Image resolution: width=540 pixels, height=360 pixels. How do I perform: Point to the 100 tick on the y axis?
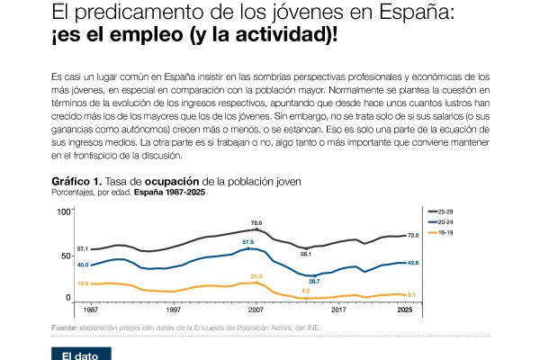(x=63, y=211)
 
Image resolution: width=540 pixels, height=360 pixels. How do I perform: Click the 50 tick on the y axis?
(x=66, y=256)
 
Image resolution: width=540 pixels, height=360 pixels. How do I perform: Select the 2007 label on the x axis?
(x=256, y=309)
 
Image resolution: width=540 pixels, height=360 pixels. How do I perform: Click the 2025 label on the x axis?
(x=406, y=309)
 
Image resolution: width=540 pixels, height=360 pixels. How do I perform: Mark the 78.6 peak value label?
(x=256, y=222)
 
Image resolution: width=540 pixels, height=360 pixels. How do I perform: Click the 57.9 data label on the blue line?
(x=248, y=241)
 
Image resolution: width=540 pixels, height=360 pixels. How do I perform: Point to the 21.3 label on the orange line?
(x=256, y=276)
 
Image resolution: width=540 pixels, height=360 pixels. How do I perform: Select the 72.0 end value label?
(x=414, y=235)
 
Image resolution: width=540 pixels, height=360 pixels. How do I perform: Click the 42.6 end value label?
(x=414, y=262)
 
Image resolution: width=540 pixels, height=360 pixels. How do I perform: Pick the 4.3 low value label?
(x=306, y=291)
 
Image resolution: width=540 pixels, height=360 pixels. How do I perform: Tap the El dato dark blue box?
(x=80, y=354)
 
